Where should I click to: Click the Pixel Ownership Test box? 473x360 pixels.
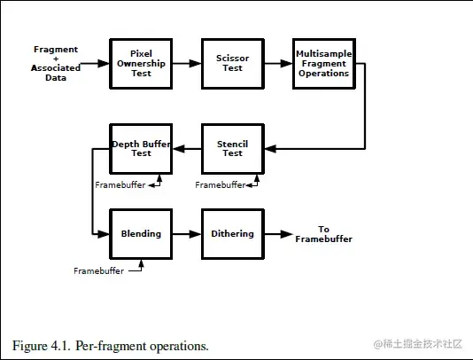tap(141, 64)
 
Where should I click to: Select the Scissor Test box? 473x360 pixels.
tap(233, 64)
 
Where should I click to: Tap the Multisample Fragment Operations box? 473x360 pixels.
tap(324, 64)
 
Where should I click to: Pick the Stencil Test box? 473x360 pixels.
tap(233, 149)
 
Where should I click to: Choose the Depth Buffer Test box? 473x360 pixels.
tap(141, 149)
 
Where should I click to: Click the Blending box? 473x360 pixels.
tap(141, 234)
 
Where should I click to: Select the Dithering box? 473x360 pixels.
tap(233, 234)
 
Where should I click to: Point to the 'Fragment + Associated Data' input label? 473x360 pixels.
tap(56, 64)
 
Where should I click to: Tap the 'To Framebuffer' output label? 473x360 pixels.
tap(323, 234)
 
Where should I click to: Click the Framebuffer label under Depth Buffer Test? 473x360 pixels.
tap(120, 184)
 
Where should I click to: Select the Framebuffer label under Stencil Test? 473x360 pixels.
tap(221, 184)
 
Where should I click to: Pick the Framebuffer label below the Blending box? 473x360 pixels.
tap(98, 271)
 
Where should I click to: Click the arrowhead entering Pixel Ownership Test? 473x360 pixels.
tap(104, 64)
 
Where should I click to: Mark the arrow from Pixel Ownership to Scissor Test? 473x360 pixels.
tap(187, 64)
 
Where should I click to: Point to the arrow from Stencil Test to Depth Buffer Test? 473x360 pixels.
tap(187, 149)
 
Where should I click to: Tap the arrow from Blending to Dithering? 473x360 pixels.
tap(187, 234)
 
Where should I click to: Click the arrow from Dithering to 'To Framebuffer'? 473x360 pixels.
tap(279, 234)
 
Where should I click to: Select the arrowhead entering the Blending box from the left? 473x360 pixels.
tap(104, 234)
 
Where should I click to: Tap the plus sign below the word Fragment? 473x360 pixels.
tap(56, 59)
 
